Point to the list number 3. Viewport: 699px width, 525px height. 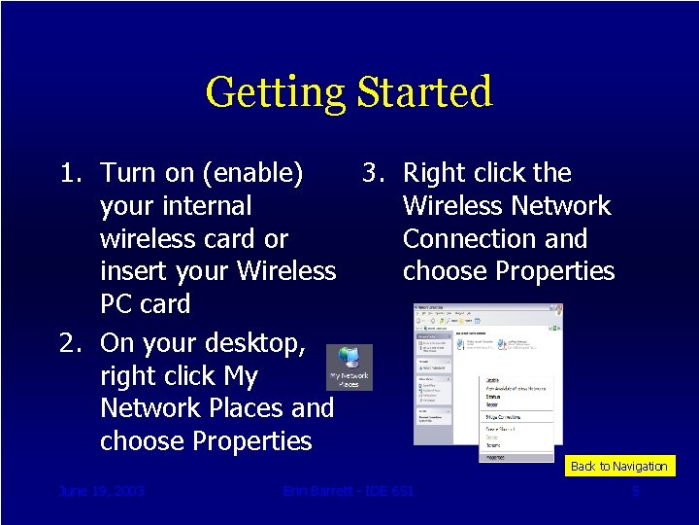pos(373,173)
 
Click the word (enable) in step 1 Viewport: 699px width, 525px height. pos(253,173)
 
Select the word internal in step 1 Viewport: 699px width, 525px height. pos(206,206)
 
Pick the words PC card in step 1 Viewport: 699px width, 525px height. pos(145,304)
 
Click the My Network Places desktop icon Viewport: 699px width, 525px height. pos(349,367)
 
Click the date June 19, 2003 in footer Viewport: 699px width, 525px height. pos(101,491)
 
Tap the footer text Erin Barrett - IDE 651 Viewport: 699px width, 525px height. pos(349,491)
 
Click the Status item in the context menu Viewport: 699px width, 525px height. pos(494,397)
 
